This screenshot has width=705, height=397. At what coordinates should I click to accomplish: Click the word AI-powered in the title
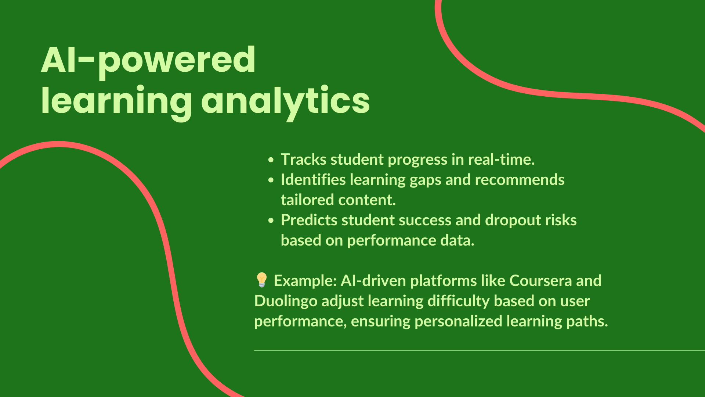click(148, 61)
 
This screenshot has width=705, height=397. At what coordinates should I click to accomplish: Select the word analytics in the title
click(285, 101)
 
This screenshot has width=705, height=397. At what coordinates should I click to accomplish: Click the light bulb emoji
click(261, 280)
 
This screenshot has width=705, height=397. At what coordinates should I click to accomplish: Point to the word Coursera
click(540, 281)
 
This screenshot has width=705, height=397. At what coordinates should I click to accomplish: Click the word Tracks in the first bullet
click(304, 160)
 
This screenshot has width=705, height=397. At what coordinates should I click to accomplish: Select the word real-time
click(501, 160)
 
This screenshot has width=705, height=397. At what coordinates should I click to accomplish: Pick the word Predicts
click(309, 220)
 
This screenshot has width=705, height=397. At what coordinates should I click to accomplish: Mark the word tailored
click(307, 200)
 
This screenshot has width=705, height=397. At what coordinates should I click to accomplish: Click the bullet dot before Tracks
click(271, 160)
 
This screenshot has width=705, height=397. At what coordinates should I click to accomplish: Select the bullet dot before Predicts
click(271, 221)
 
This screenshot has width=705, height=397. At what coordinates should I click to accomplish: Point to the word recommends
click(520, 180)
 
